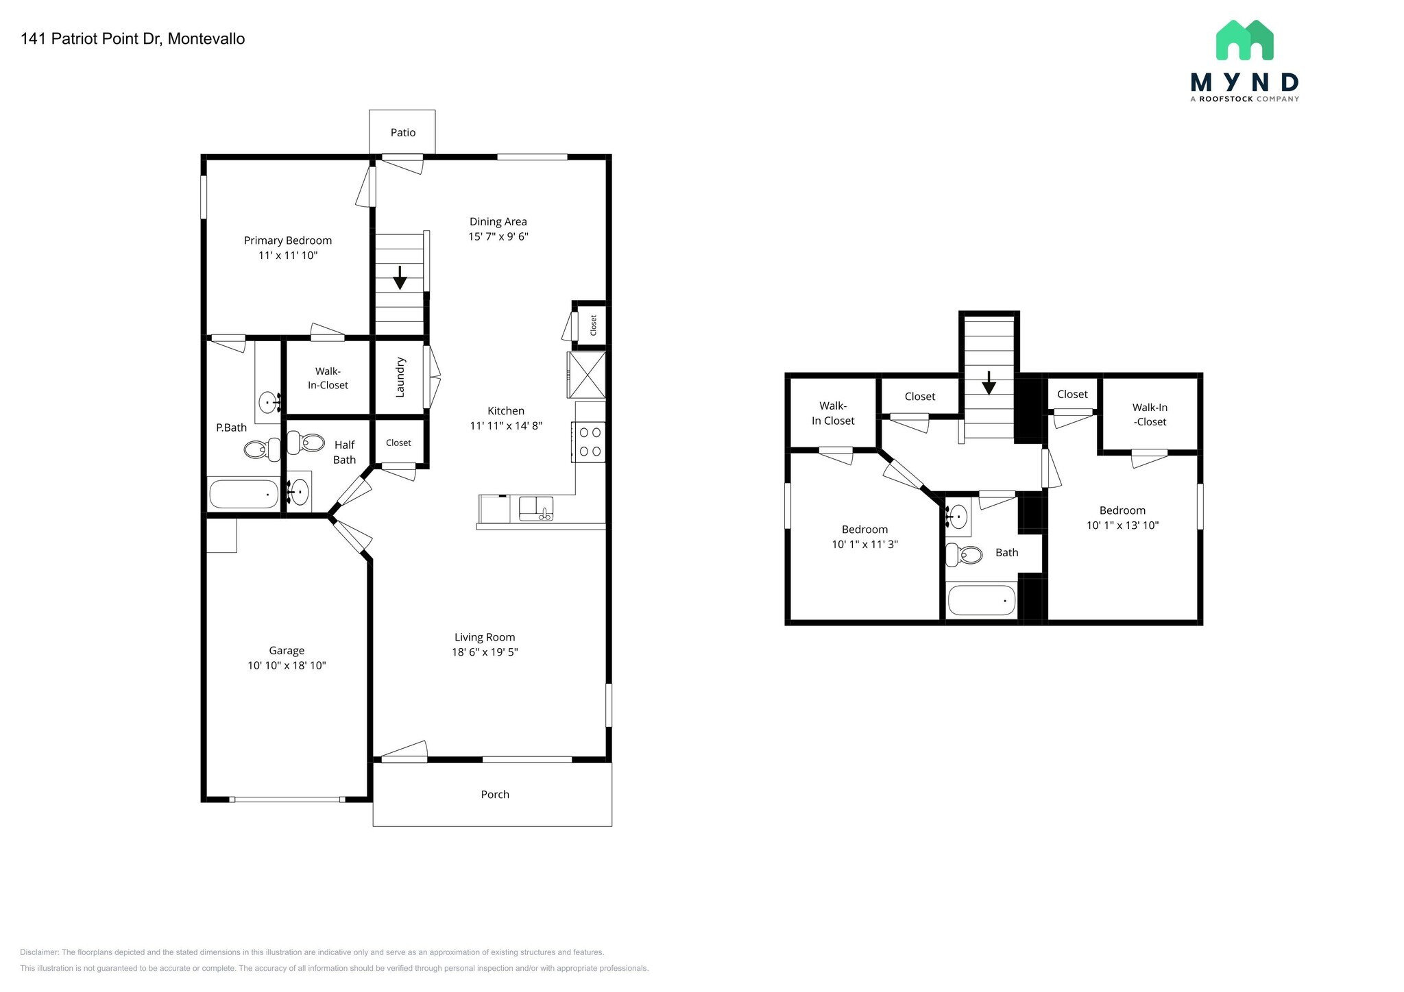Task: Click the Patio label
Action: pyautogui.click(x=403, y=132)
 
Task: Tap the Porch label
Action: pyautogui.click(x=494, y=794)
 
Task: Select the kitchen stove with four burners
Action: pyautogui.click(x=589, y=442)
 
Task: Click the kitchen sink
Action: pyautogui.click(x=535, y=508)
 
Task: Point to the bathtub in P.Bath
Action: pyautogui.click(x=244, y=493)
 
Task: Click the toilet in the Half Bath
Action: pyautogui.click(x=306, y=443)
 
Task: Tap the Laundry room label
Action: pyautogui.click(x=400, y=377)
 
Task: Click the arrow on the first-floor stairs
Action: pyautogui.click(x=400, y=278)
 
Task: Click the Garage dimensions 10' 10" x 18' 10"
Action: pyautogui.click(x=287, y=665)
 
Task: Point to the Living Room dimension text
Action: pyautogui.click(x=484, y=652)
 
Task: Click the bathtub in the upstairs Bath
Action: pyautogui.click(x=981, y=601)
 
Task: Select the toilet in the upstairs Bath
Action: pyautogui.click(x=964, y=554)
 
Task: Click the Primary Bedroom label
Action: pyautogui.click(x=288, y=240)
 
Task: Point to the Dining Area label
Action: pyautogui.click(x=498, y=221)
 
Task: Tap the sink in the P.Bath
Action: pyautogui.click(x=269, y=402)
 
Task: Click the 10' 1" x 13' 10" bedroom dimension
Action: pyautogui.click(x=1122, y=525)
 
